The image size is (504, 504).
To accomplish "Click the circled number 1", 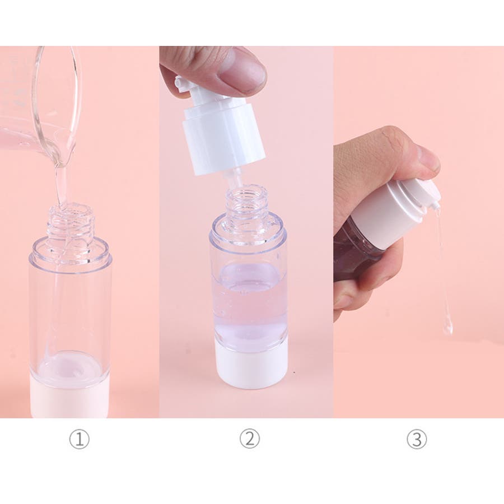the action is point(80,440).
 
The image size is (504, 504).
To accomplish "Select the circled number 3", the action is point(417,440).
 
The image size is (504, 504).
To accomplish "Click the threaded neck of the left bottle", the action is point(71,222).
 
